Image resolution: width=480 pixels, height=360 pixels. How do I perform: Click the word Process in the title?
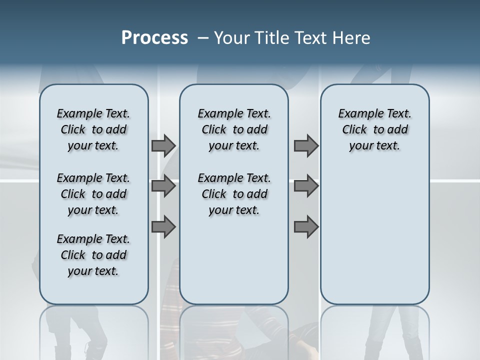(x=154, y=38)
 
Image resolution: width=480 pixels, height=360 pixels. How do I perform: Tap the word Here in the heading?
(x=350, y=38)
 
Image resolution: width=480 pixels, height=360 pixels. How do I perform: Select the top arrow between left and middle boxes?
(x=163, y=145)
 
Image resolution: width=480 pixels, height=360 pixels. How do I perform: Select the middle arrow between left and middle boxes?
(x=163, y=186)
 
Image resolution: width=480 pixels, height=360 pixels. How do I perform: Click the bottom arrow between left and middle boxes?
(x=163, y=226)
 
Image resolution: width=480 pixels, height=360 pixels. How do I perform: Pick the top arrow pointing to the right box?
(x=306, y=145)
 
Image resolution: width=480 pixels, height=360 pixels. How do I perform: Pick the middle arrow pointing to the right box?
(x=306, y=186)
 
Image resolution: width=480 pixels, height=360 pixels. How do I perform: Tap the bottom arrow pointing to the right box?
(x=306, y=226)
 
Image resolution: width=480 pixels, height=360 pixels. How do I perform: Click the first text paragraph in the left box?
(x=93, y=129)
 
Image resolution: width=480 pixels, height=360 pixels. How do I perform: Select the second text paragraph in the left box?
(x=93, y=194)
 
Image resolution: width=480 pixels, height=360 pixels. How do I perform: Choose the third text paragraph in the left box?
(x=93, y=255)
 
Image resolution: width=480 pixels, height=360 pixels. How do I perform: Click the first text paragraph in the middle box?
(x=234, y=129)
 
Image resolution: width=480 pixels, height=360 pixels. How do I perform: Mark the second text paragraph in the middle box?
(x=234, y=194)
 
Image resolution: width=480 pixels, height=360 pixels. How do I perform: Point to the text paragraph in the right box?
(x=375, y=129)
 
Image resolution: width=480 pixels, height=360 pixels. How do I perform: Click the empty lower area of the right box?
(x=375, y=235)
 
